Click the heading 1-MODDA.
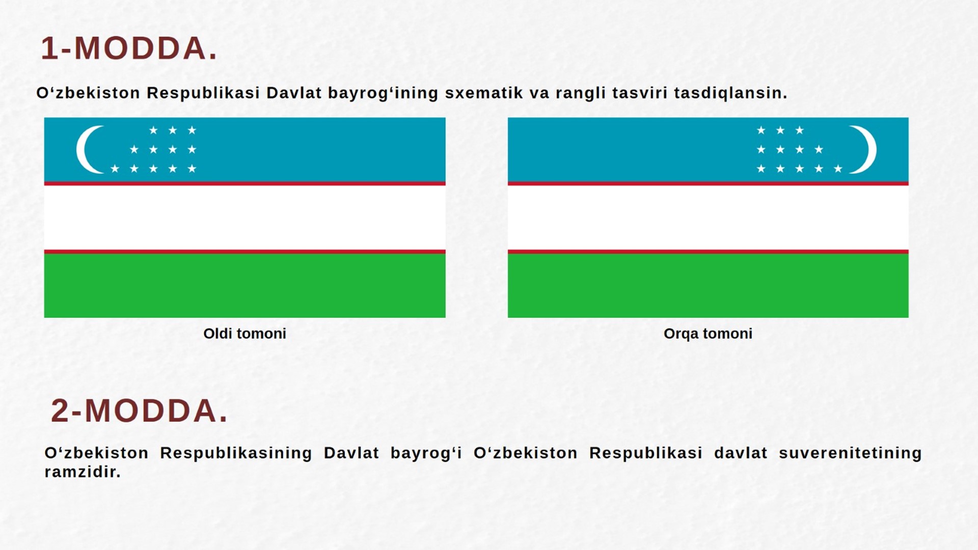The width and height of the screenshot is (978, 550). [x=129, y=49]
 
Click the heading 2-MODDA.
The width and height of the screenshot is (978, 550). [x=139, y=411]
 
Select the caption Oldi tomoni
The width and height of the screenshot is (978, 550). [x=244, y=334]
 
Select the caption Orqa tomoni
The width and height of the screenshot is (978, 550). [x=708, y=334]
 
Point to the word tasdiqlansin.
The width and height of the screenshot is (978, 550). [x=730, y=93]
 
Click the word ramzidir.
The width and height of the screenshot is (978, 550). [x=83, y=472]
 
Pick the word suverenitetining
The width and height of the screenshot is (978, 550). [x=850, y=453]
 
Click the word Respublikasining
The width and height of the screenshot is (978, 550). [x=236, y=453]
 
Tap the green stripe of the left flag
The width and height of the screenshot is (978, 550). [x=244, y=285]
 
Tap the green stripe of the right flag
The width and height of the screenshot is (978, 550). [x=708, y=285]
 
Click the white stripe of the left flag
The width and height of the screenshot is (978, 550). [x=244, y=217]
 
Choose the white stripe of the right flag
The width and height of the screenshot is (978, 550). [x=708, y=217]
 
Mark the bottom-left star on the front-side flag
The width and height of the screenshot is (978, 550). [x=115, y=169]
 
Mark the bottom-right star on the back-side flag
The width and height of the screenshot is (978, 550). [x=838, y=169]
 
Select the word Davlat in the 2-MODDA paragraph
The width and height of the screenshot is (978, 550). [x=351, y=453]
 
